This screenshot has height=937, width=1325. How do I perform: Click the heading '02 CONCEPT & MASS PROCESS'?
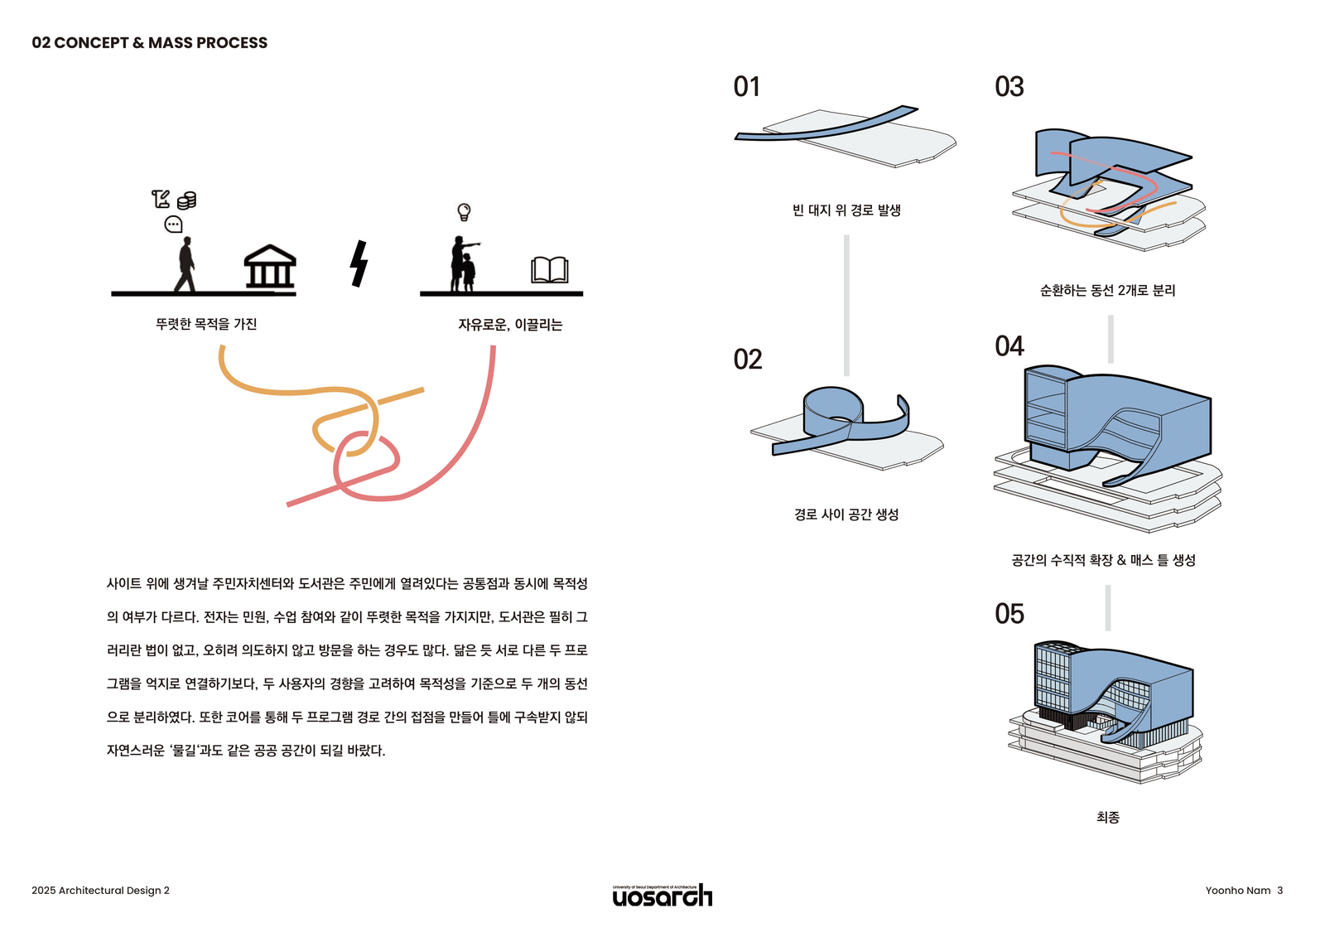click(149, 43)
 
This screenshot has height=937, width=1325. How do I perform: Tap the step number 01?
click(746, 87)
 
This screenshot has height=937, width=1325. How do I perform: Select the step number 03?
click(1009, 87)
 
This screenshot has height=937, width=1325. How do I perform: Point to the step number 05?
click(1009, 614)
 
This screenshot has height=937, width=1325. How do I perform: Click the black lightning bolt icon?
click(359, 263)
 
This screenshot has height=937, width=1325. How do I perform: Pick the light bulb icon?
click(464, 212)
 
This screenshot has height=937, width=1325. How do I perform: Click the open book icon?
click(549, 270)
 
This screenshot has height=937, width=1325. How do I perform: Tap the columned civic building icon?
click(269, 267)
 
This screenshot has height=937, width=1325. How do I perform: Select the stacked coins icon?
click(187, 200)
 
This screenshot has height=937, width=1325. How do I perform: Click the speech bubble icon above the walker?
click(173, 225)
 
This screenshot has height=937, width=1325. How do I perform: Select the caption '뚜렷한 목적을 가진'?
click(206, 324)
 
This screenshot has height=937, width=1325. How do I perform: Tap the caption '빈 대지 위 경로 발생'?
click(846, 210)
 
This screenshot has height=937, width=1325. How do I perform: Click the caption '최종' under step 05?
click(1107, 818)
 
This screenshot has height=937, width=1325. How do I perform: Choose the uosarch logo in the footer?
click(662, 895)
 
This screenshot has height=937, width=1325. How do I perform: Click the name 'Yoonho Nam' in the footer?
click(1237, 891)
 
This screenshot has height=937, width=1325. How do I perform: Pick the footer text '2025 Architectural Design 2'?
click(100, 891)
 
